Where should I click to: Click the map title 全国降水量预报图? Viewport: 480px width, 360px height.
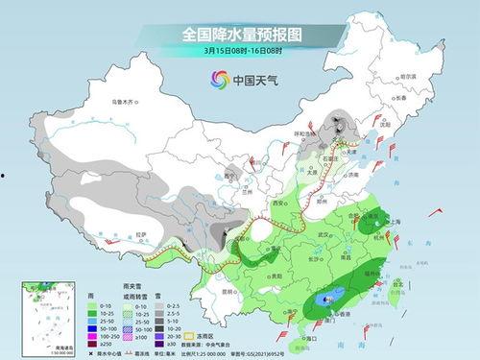click(x=239, y=34)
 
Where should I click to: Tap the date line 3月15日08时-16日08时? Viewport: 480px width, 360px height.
click(x=239, y=50)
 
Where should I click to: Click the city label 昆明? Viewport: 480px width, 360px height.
click(x=227, y=290)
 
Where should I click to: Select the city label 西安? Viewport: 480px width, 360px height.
click(x=281, y=204)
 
